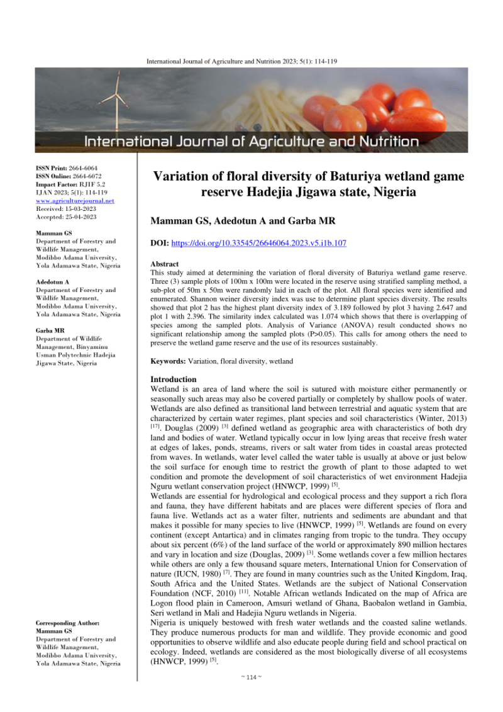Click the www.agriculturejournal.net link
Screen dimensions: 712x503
click(75, 200)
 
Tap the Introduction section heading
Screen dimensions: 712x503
click(174, 380)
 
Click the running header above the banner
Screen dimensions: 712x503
click(251, 61)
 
